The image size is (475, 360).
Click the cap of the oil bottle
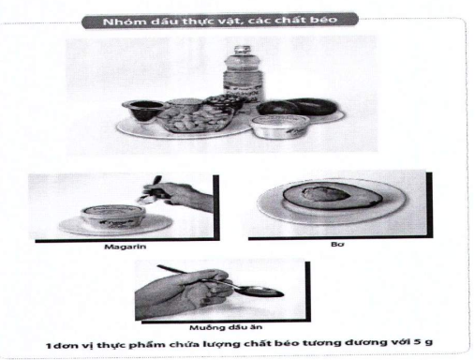(243, 50)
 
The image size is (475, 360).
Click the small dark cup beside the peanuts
(142, 110)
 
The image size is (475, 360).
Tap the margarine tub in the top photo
(279, 126)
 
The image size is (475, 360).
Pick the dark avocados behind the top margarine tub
(297, 107)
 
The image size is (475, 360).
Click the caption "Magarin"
(125, 247)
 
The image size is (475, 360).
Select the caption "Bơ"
(337, 244)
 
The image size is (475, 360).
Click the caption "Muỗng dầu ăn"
(226, 327)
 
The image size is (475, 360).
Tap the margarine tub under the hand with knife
(113, 215)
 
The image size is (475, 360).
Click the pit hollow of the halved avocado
(325, 194)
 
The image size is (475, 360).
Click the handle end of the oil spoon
(159, 266)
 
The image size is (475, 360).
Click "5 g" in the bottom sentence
(423, 341)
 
